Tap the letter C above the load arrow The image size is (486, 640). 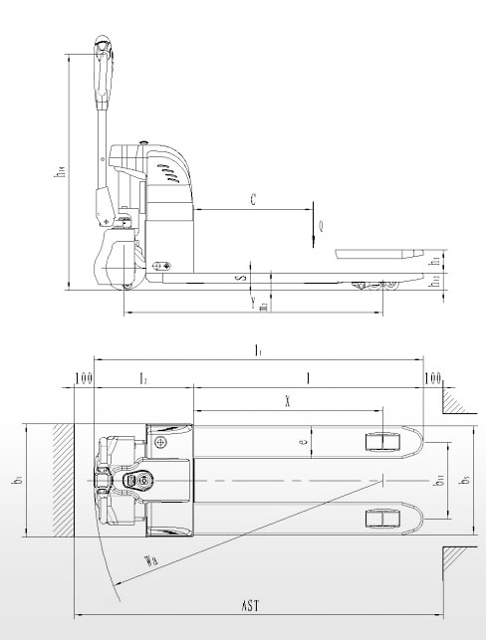point(254,201)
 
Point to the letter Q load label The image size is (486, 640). point(320,225)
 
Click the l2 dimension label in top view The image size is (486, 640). point(143,379)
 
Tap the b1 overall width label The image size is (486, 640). point(17,483)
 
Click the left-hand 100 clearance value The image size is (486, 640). point(83,378)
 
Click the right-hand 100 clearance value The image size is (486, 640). point(432,378)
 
